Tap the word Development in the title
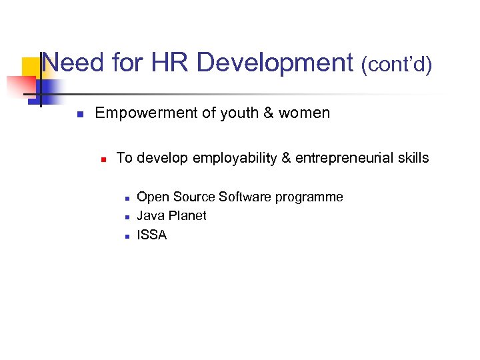275,63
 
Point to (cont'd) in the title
397,65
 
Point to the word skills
411,158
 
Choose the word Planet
187,216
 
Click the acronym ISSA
151,235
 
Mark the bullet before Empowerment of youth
79,114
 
